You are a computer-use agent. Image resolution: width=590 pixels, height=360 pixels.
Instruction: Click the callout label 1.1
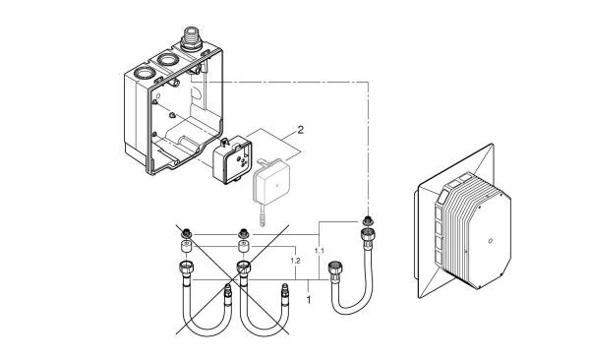tap(317, 252)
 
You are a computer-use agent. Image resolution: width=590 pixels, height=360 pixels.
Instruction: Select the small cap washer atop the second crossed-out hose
tap(240, 235)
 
